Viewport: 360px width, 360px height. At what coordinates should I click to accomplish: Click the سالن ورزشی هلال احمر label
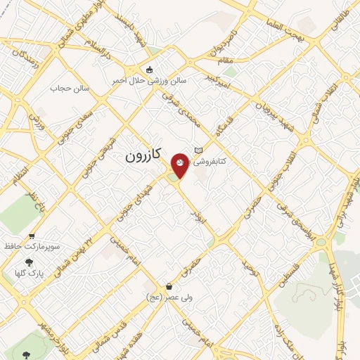149,81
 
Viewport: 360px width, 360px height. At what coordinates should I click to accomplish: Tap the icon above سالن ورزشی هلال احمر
148,70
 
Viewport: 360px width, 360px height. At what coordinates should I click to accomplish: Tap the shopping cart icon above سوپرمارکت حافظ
31,236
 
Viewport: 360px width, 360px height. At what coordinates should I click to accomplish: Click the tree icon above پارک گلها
28,262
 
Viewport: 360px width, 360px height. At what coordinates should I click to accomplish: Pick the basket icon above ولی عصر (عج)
169,287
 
